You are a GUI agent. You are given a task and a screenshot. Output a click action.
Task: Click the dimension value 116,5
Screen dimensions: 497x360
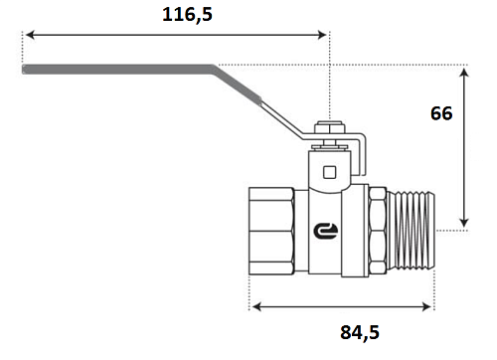coord(187,15)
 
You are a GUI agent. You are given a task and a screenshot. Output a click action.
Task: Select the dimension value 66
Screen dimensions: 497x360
coord(441,113)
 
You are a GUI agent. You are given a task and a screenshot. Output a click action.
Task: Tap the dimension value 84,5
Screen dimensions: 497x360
coord(360,332)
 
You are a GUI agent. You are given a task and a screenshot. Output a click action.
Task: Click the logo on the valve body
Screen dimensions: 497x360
coord(326,231)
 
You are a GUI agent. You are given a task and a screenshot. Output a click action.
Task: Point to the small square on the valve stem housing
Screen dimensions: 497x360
coord(329,172)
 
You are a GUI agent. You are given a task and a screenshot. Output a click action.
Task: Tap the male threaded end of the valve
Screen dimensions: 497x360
coord(411,230)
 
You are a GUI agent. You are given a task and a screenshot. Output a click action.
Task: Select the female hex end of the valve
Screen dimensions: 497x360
coord(271,231)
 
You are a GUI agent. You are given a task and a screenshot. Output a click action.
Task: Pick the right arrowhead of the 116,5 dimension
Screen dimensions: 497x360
coord(322,35)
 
